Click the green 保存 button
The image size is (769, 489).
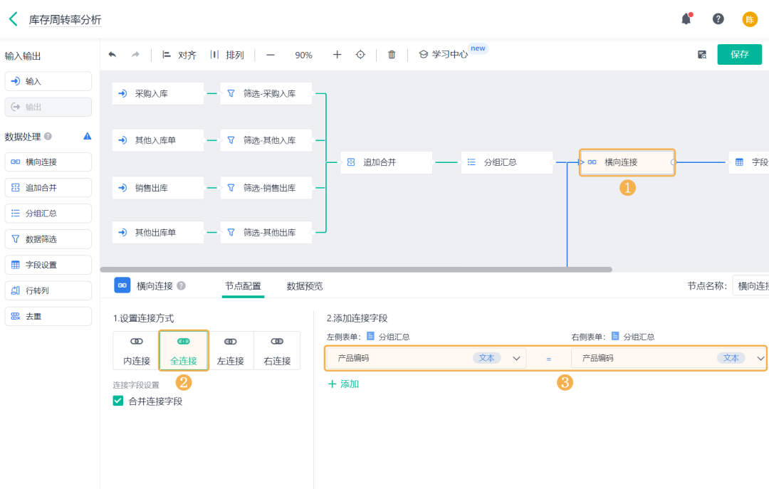click(x=739, y=55)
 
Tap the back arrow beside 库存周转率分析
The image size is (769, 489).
click(x=14, y=19)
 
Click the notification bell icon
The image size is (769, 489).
click(x=686, y=19)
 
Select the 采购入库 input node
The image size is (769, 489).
click(x=157, y=93)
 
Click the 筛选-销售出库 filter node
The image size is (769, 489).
click(x=266, y=188)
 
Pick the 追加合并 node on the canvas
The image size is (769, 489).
click(x=386, y=162)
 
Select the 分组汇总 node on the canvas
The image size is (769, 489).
click(x=507, y=162)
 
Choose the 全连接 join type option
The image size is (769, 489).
click(x=183, y=350)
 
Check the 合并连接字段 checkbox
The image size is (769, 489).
click(x=118, y=401)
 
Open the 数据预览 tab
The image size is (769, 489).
click(x=305, y=286)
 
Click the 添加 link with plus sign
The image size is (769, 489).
click(x=343, y=384)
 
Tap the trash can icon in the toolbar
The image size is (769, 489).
click(x=392, y=55)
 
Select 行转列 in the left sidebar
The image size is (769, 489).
click(x=48, y=290)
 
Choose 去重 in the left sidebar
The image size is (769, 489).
click(x=48, y=316)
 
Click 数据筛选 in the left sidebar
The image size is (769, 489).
click(x=48, y=239)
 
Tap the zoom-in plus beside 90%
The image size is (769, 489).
click(x=338, y=55)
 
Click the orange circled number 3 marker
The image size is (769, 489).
click(x=565, y=382)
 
